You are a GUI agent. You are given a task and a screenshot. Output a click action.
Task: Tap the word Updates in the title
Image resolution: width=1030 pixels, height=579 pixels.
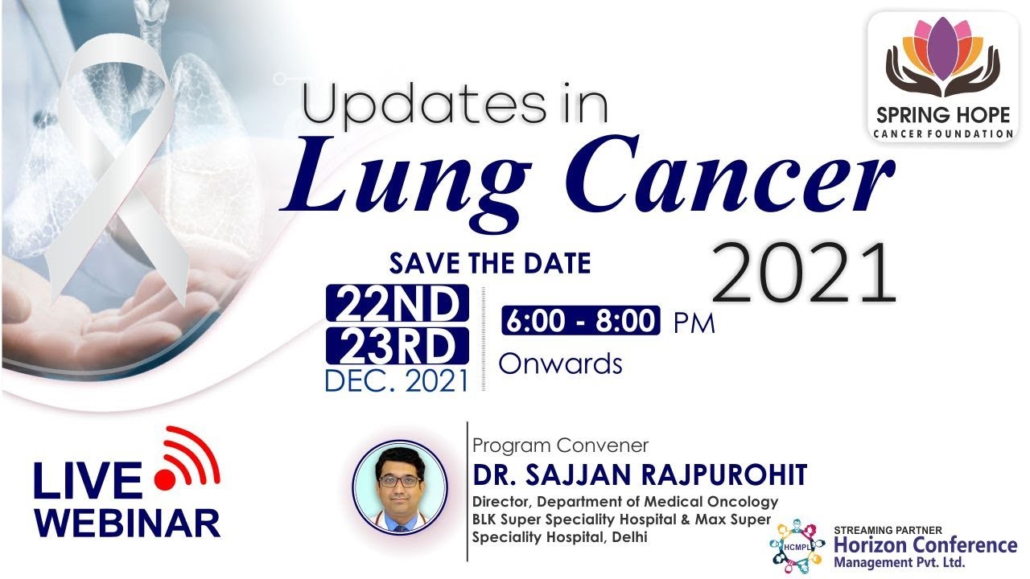click(425, 103)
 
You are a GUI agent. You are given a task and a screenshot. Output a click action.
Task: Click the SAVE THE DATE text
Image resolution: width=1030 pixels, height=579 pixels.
click(490, 263)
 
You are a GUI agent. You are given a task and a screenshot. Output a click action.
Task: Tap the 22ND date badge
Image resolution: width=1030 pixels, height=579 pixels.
click(398, 303)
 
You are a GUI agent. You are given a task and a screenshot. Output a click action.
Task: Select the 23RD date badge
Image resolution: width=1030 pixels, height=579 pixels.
click(398, 345)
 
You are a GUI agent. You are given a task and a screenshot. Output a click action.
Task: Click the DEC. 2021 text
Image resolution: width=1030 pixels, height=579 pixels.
click(397, 380)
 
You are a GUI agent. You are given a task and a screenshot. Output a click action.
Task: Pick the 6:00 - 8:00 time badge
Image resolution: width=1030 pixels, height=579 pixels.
click(581, 320)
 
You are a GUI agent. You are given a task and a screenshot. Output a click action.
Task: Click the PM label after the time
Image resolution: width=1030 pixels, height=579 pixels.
click(694, 323)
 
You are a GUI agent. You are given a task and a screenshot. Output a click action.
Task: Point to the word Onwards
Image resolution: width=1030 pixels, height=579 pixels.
click(561, 363)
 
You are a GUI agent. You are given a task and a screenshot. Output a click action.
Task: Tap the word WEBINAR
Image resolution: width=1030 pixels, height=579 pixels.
click(127, 523)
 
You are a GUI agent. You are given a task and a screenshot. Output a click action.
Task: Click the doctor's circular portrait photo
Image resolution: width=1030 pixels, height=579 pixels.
click(400, 487)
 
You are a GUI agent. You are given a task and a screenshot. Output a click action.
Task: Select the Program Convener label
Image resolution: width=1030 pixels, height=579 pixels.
click(561, 446)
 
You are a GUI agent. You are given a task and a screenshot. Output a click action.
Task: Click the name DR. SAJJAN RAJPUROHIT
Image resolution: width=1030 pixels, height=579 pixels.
click(640, 474)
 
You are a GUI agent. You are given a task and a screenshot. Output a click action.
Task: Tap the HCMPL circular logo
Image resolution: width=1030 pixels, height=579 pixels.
click(797, 546)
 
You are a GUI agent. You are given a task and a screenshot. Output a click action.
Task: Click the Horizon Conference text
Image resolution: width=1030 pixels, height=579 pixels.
click(925, 545)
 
